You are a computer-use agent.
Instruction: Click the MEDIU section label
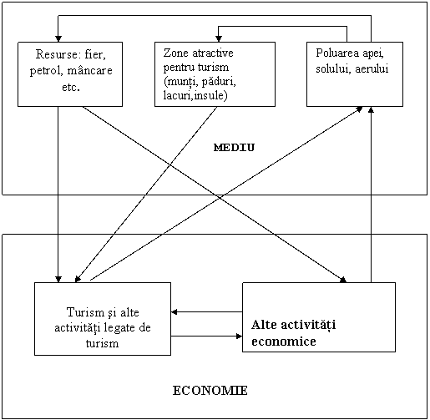(234, 147)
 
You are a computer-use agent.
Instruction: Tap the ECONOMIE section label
(210, 391)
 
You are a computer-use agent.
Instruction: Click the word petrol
(47, 71)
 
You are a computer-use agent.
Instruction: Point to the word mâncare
(89, 70)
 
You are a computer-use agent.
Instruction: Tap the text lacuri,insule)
(195, 96)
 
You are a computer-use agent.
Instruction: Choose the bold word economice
(284, 342)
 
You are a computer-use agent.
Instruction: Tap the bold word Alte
(265, 325)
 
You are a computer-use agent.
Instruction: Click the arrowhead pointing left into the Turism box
(175, 312)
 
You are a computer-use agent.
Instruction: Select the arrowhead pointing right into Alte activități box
(239, 336)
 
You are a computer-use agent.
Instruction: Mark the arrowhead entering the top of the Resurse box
(58, 38)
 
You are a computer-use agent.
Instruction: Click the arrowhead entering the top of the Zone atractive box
(219, 38)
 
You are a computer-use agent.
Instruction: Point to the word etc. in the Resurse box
(71, 87)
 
